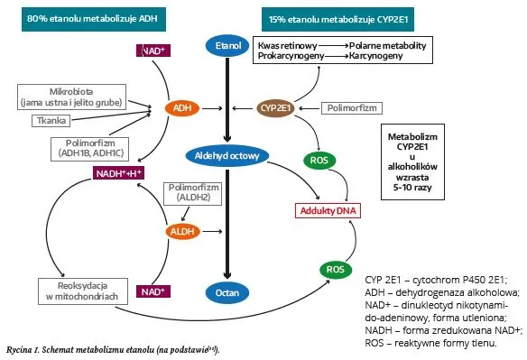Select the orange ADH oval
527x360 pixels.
click(x=181, y=108)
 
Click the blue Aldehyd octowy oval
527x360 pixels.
click(x=228, y=156)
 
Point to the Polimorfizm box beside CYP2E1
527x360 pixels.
click(x=348, y=108)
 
